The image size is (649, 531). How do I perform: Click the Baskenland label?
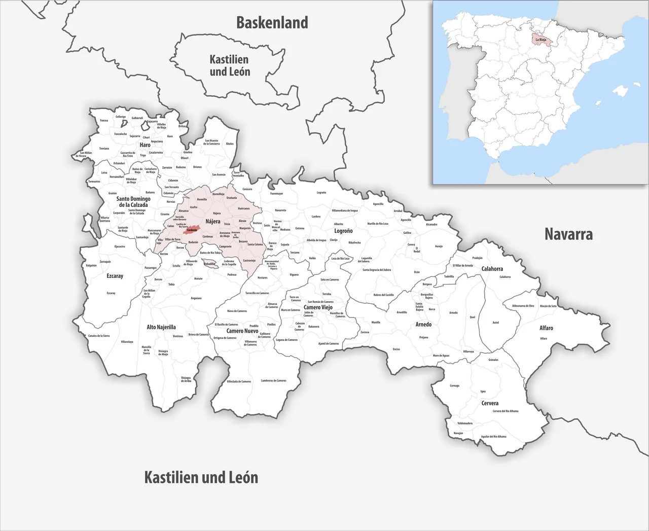[x=272, y=23]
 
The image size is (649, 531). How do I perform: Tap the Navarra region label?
[x=568, y=234]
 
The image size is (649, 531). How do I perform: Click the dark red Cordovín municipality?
[x=191, y=230]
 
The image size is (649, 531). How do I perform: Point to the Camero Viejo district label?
[x=318, y=307]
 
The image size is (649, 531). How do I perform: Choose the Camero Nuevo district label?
[x=242, y=331]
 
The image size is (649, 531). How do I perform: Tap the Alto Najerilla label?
[x=161, y=327]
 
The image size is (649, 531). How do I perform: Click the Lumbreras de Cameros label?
[x=273, y=380]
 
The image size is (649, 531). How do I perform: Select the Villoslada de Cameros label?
[x=238, y=381]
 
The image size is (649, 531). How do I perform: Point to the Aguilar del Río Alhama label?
[x=493, y=436]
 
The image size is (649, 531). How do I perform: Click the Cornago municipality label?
[x=454, y=385]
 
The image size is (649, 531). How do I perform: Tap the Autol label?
[x=495, y=323]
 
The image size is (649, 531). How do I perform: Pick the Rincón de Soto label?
[x=548, y=306]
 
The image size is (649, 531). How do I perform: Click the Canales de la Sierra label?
[x=98, y=336]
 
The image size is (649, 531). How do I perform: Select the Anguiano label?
[x=196, y=298]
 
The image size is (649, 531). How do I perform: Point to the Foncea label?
[x=104, y=121]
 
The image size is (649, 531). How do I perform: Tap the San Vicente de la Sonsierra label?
[x=211, y=142]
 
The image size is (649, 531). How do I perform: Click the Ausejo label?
[x=439, y=246]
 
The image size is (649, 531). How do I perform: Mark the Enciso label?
[x=396, y=349]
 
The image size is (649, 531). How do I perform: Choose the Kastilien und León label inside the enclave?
[x=230, y=65]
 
